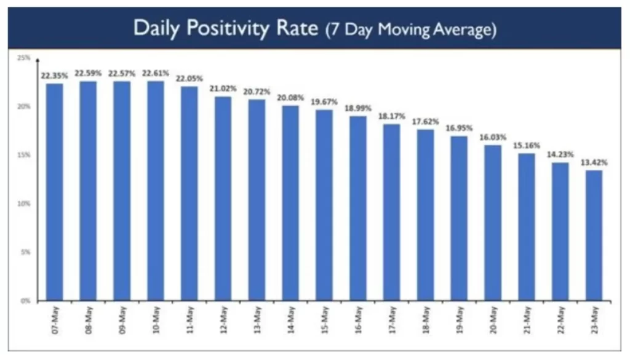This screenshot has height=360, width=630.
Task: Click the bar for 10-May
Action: click(x=156, y=191)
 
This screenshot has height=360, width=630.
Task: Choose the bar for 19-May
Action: click(x=459, y=218)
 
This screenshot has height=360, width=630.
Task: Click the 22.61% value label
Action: click(x=156, y=73)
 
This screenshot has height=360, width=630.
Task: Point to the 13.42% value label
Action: click(x=594, y=162)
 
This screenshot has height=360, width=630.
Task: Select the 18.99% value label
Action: click(x=358, y=108)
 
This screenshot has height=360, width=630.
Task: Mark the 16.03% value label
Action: click(x=493, y=137)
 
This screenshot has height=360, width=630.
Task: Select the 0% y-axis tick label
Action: click(x=25, y=301)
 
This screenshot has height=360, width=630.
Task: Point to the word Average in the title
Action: click(x=463, y=30)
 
